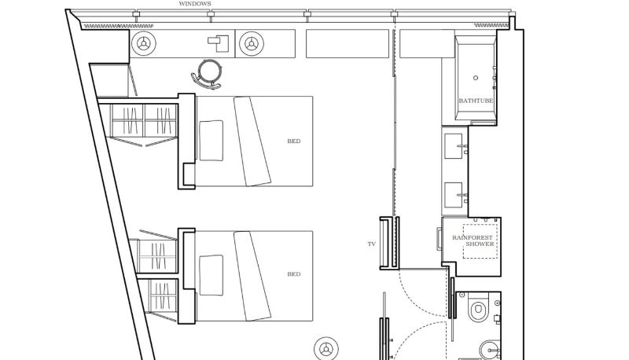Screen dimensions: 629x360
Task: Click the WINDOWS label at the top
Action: pos(194,4)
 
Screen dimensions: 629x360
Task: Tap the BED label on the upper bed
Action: pos(293,141)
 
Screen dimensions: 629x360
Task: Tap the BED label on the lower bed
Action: pos(293,274)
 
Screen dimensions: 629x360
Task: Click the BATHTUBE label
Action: pos(476,101)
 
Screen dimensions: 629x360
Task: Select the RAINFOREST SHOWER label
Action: pos(473,241)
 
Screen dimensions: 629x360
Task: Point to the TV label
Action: pos(371,244)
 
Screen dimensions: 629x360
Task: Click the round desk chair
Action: pos(208,74)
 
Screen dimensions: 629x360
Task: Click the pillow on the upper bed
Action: pos(211,141)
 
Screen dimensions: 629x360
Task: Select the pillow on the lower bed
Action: pos(211,275)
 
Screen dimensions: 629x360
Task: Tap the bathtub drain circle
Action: pos(476,78)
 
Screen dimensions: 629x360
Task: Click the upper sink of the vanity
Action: pos(454,146)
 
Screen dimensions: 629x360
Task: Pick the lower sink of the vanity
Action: pos(454,195)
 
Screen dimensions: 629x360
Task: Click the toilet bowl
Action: pos(478,309)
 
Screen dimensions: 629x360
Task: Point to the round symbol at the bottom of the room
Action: pos(326,349)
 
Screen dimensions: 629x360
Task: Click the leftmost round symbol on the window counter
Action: pos(143,43)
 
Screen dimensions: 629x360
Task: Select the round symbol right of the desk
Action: pos(252,44)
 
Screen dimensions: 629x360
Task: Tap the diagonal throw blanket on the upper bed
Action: pos(252,141)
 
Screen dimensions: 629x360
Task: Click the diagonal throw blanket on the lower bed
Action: pos(252,276)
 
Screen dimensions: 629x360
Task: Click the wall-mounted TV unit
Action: pos(389,243)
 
